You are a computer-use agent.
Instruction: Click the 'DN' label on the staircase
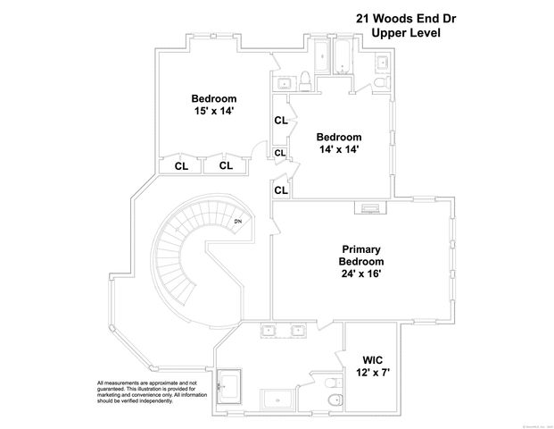(x=238, y=222)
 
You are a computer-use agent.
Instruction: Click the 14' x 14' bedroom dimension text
(x=337, y=150)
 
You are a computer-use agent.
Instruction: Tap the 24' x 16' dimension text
(x=361, y=273)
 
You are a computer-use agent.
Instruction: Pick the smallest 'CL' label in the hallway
(x=279, y=154)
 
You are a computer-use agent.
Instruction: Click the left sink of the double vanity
(x=268, y=332)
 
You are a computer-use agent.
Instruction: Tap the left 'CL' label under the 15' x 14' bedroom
(x=181, y=165)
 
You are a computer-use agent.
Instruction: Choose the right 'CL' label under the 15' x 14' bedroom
(x=226, y=165)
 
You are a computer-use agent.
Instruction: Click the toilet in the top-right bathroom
(x=382, y=83)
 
